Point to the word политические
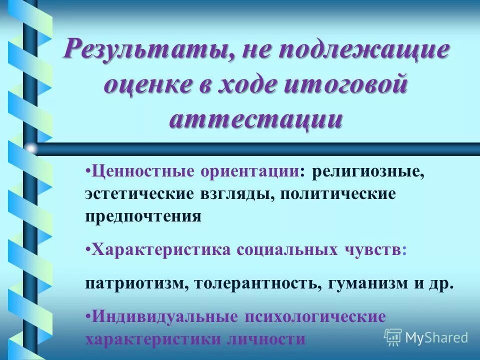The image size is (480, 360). [x=337, y=194]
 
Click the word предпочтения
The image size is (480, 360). [x=143, y=216]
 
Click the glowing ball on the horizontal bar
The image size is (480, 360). [x=31, y=148]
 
